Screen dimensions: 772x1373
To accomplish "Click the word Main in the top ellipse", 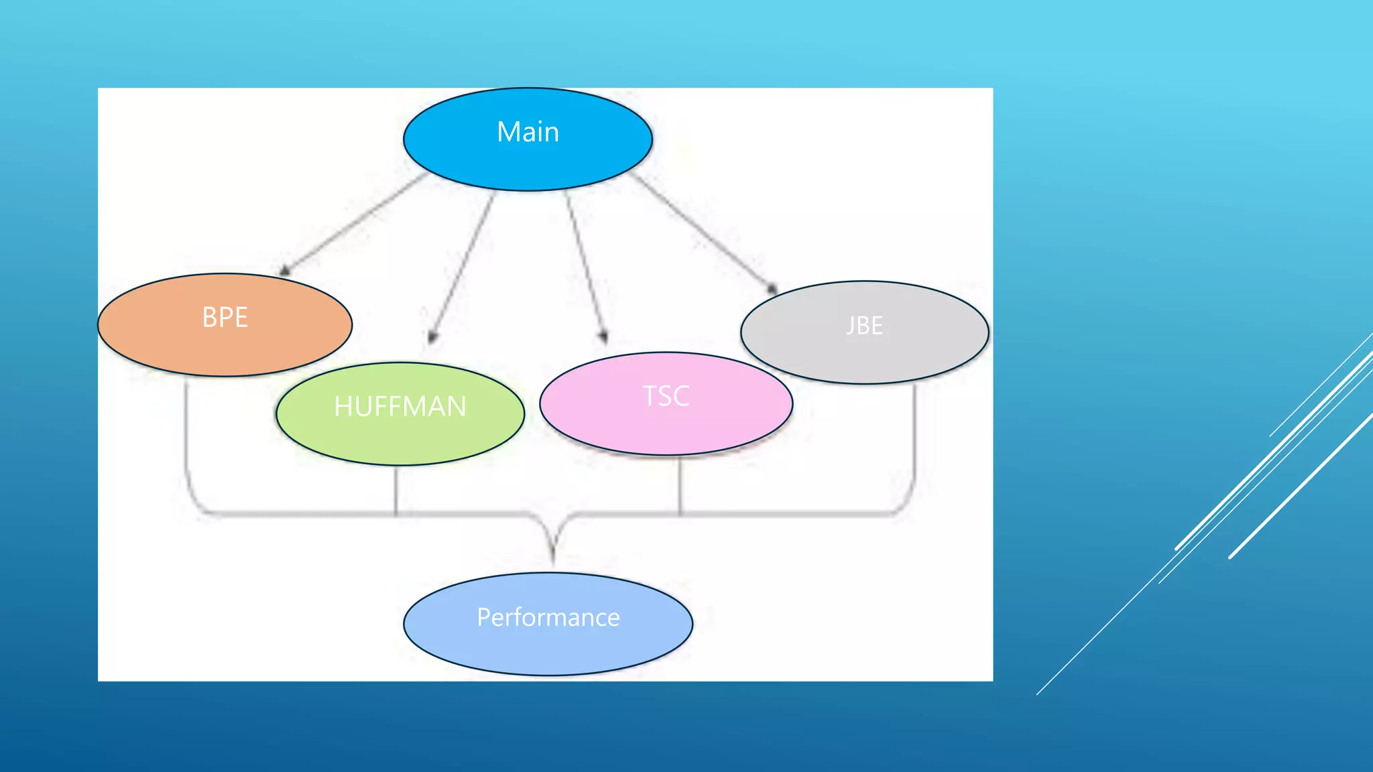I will point(528,132).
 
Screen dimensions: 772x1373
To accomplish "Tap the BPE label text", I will point(225,318).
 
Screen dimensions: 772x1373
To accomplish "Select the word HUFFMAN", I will point(400,407).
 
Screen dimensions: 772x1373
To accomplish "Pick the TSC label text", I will point(666,396).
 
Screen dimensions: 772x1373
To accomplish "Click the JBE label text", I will point(864,326).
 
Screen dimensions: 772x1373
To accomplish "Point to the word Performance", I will point(548,617).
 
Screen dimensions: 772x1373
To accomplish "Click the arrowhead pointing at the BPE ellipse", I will point(285,271).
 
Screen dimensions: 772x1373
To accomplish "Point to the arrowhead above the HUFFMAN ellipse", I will point(432,337).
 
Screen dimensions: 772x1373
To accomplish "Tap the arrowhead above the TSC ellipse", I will point(604,336).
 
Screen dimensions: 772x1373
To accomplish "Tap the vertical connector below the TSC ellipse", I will point(680,485).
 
